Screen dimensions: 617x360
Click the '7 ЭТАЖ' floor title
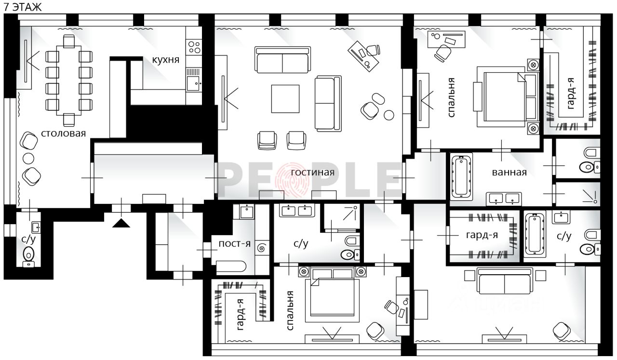coord(23,7)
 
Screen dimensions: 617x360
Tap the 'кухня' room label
coord(165,60)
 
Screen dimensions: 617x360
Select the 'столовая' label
coord(63,133)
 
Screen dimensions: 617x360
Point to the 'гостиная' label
coord(313,173)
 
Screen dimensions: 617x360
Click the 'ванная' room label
coord(509,173)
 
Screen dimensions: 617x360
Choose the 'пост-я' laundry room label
coord(234,244)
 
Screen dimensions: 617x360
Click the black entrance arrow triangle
coord(121,223)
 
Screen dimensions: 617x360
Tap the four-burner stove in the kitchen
coord(194,47)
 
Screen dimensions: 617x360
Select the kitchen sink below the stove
coord(193,84)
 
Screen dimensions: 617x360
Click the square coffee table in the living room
coord(285,99)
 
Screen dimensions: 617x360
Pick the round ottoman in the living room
coord(389,115)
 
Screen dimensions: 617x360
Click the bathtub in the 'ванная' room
coord(461,176)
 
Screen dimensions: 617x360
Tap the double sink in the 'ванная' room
coord(503,199)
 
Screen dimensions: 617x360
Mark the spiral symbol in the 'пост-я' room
coord(261,248)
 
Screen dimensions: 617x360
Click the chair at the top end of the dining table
coord(68,41)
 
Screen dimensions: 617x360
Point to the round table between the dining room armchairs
coord(28,159)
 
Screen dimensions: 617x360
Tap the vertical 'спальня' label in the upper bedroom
coord(451,97)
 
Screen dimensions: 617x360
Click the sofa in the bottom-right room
coord(505,281)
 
